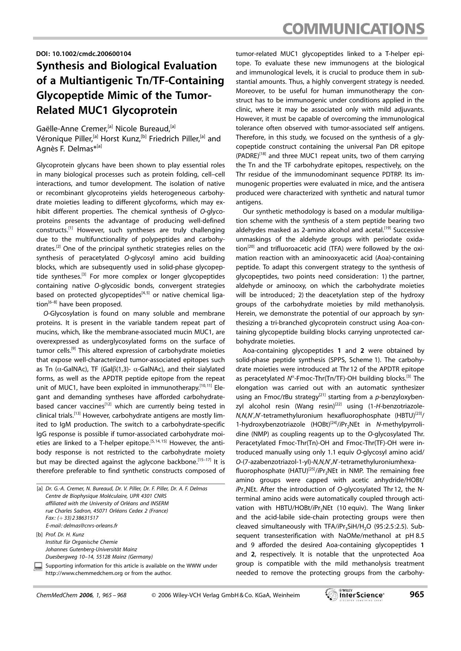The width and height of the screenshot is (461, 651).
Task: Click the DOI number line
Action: pyautogui.click(x=84, y=53)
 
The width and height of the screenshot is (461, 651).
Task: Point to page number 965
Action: pyautogui.click(x=416, y=595)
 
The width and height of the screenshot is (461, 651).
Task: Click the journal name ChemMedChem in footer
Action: pyautogui.click(x=54, y=595)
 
